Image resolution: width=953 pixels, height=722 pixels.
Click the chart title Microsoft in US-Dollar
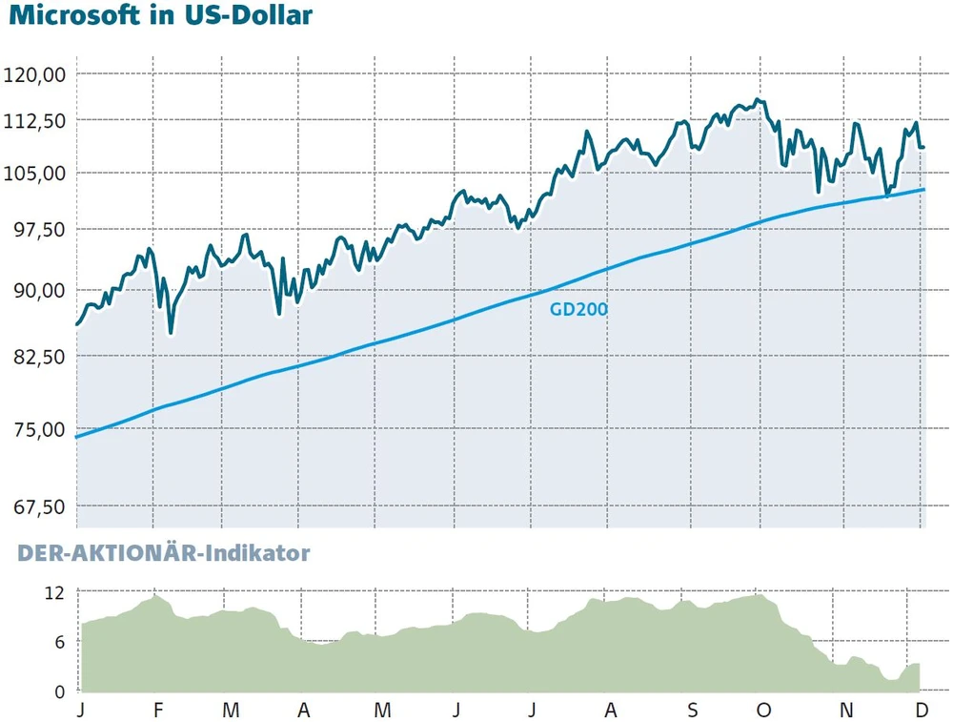[x=159, y=17]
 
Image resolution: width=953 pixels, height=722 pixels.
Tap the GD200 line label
[x=578, y=309]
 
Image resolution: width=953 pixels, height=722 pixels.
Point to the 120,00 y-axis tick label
[x=35, y=74]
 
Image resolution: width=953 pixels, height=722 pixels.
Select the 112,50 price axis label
[x=35, y=121]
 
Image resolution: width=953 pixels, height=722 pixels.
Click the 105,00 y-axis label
[x=35, y=173]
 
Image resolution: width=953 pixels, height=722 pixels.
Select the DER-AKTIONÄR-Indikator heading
[x=163, y=553]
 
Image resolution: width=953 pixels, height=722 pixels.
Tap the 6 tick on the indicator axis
[x=59, y=642]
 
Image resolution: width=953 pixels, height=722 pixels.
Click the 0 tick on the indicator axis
[x=59, y=691]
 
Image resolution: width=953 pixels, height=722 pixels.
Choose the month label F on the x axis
[x=157, y=711]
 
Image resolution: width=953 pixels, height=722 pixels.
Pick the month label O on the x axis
[x=761, y=711]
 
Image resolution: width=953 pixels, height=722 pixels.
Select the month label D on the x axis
[x=922, y=711]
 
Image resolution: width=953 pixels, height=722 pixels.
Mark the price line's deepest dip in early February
[x=171, y=333]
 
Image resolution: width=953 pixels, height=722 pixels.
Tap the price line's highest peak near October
[x=757, y=99]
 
